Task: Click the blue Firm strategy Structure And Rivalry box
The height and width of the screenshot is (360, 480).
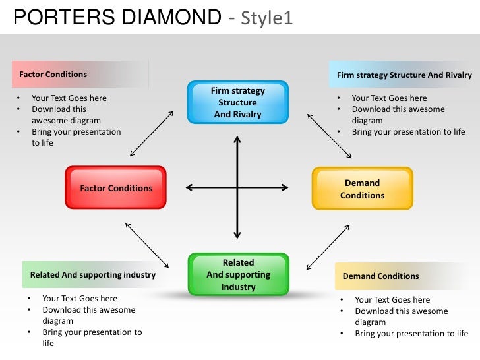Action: [237, 102]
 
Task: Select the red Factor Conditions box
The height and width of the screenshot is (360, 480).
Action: [115, 188]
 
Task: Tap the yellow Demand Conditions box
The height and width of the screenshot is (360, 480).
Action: [362, 189]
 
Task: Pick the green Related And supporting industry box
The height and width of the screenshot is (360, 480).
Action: [238, 274]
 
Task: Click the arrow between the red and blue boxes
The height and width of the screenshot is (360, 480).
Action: [152, 134]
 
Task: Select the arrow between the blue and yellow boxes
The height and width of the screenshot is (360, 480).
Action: [330, 136]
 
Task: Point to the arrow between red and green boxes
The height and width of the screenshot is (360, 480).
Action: [147, 245]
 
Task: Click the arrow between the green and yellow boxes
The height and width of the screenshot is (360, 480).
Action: [328, 247]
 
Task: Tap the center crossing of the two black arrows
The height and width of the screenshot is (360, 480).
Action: [237, 188]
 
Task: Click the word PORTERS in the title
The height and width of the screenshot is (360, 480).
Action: [63, 16]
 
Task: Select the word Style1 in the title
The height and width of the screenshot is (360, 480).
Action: [266, 18]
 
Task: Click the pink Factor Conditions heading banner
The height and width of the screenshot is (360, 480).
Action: [79, 75]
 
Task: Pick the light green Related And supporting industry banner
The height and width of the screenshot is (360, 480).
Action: [92, 274]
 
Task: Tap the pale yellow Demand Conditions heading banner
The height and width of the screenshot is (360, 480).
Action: [402, 276]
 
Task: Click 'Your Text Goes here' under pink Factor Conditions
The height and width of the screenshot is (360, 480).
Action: [69, 98]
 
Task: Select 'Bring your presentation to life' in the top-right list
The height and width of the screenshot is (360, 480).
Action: [408, 132]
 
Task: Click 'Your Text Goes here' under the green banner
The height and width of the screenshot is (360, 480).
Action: [80, 299]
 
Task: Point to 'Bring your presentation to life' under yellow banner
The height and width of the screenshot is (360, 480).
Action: [411, 334]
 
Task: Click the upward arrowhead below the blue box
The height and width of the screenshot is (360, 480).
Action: [237, 140]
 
